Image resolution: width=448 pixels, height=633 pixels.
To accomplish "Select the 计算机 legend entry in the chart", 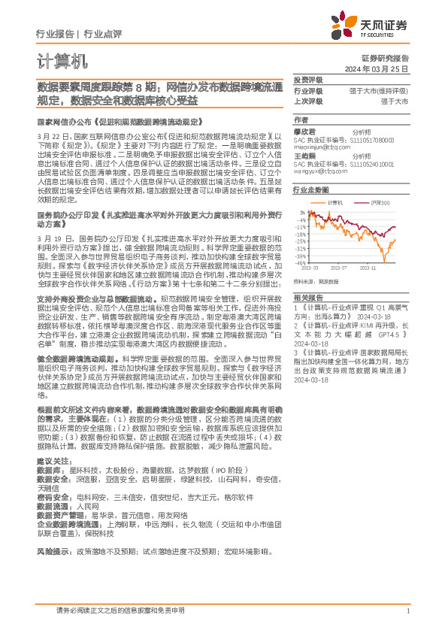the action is tap(334, 204).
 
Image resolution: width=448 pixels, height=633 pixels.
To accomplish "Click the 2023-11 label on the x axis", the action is tap(368, 268).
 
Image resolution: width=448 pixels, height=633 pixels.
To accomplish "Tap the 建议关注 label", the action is tap(51, 459).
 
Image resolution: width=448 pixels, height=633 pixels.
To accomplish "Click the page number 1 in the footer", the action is tap(407, 611).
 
